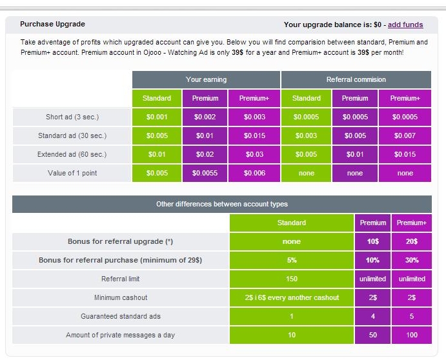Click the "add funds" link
(405, 25)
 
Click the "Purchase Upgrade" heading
(52, 25)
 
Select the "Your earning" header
(206, 79)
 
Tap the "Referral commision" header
(356, 79)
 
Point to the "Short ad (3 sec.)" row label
(72, 117)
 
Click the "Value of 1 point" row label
(72, 173)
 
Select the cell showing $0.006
(254, 173)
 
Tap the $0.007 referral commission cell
(405, 136)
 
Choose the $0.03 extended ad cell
(254, 155)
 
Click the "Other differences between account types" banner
(222, 204)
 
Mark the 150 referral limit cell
(292, 279)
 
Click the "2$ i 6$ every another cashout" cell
(292, 297)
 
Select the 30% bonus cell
(412, 260)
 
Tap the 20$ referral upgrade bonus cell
(412, 241)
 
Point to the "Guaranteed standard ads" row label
(121, 316)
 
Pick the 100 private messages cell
(412, 335)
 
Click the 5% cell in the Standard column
(292, 260)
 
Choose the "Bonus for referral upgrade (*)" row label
(121, 241)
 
